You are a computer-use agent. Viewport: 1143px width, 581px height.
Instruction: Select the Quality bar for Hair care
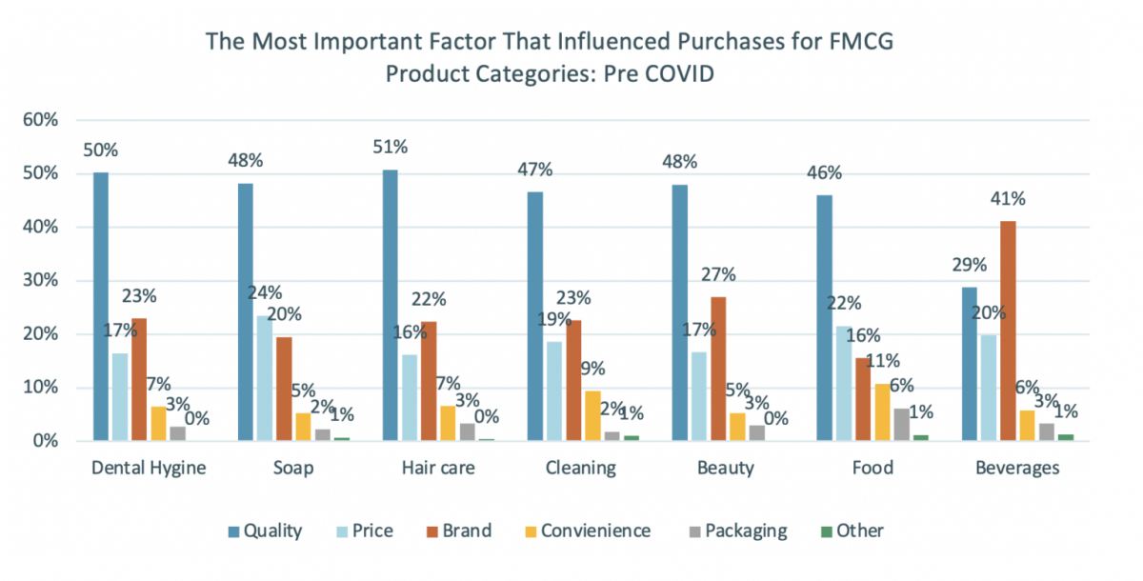coord(390,305)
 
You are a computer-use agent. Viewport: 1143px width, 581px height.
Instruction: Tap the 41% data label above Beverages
coord(1008,199)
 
